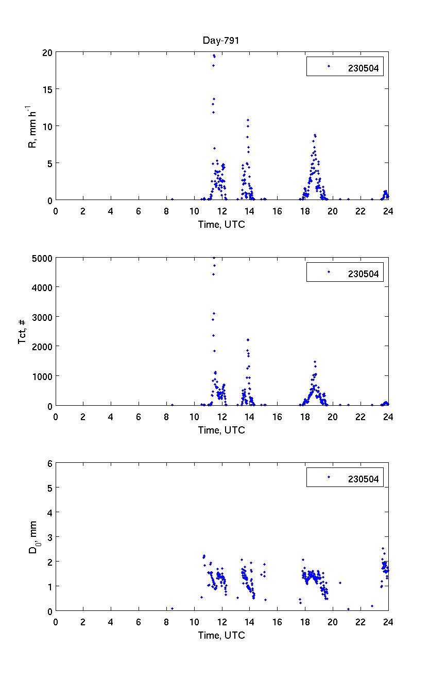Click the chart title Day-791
pyautogui.click(x=222, y=41)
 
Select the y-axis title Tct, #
pyautogui.click(x=23, y=332)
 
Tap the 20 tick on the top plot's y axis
pyautogui.click(x=47, y=52)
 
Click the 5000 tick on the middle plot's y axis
pyautogui.click(x=42, y=258)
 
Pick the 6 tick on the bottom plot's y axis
pyautogui.click(x=50, y=463)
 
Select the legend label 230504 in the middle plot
pyautogui.click(x=363, y=274)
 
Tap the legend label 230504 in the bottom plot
pyautogui.click(x=363, y=479)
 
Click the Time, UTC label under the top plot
pyautogui.click(x=222, y=224)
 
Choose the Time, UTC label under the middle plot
pyautogui.click(x=222, y=430)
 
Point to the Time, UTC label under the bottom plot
pyautogui.click(x=222, y=635)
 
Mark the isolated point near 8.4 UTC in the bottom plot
pyautogui.click(x=172, y=608)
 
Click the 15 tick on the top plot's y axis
pyautogui.click(x=47, y=89)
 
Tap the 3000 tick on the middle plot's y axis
pyautogui.click(x=42, y=317)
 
